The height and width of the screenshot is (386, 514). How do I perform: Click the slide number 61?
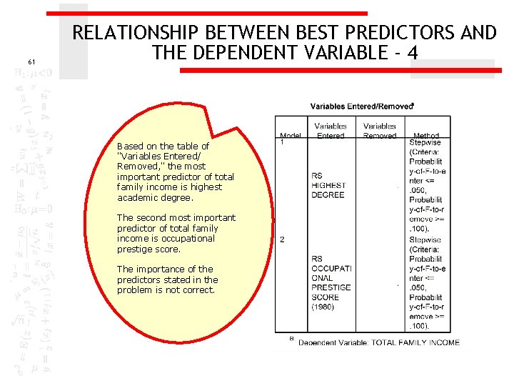point(31,62)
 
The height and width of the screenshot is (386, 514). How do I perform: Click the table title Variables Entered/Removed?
point(361,106)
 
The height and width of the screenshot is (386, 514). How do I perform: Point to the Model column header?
point(291,134)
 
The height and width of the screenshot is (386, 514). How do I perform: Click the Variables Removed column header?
point(379,130)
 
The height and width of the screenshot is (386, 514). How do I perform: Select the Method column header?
point(425,134)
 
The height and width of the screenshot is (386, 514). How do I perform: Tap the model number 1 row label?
point(282,142)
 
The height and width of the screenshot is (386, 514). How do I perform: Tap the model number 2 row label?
point(282,239)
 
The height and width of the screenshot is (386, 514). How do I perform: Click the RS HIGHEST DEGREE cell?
point(328,184)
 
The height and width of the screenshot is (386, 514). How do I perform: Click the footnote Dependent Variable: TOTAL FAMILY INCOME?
point(378,342)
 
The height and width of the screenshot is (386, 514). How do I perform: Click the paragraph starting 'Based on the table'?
point(175,172)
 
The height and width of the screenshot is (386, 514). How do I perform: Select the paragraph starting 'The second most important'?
point(176,233)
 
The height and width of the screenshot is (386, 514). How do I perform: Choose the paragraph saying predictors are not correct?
point(168,279)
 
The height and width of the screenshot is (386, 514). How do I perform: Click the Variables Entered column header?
point(331,130)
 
